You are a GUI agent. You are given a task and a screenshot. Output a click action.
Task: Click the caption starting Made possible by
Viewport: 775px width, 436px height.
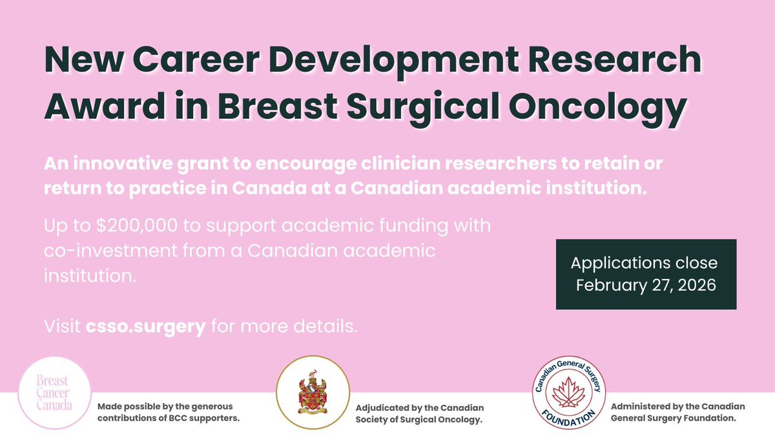165,413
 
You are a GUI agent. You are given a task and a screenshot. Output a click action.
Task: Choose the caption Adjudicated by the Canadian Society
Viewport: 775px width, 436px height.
420,413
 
